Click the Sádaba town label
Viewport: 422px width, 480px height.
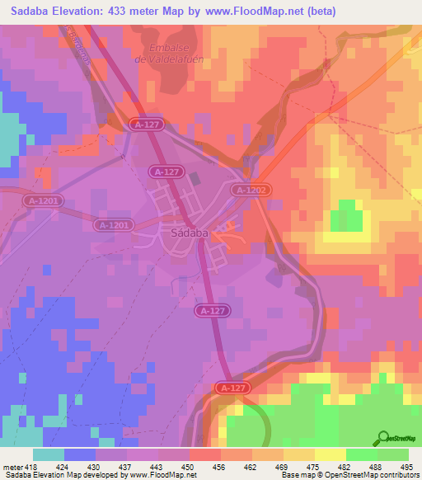coord(189,233)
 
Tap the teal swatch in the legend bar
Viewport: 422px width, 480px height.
coord(49,454)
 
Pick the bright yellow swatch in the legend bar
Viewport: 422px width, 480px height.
coord(330,454)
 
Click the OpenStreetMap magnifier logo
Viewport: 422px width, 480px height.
coord(382,439)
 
